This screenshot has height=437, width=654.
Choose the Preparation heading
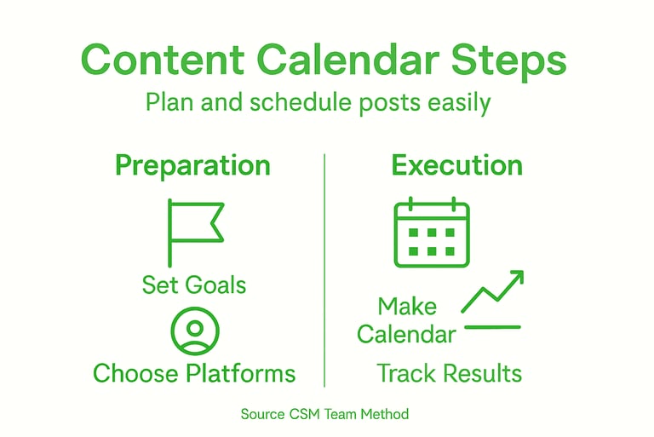click(192, 165)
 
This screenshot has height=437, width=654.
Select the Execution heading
click(456, 165)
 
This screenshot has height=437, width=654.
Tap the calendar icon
click(431, 233)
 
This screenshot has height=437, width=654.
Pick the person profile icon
click(194, 331)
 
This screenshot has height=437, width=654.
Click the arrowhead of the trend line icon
click(516, 278)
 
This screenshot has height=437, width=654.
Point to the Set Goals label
click(194, 284)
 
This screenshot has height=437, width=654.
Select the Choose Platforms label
click(194, 373)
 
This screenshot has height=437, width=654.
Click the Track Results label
click(449, 373)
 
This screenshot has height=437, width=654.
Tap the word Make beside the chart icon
click(407, 307)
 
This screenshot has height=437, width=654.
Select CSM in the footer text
click(304, 415)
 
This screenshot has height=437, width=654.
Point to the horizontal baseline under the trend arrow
click(490, 326)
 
